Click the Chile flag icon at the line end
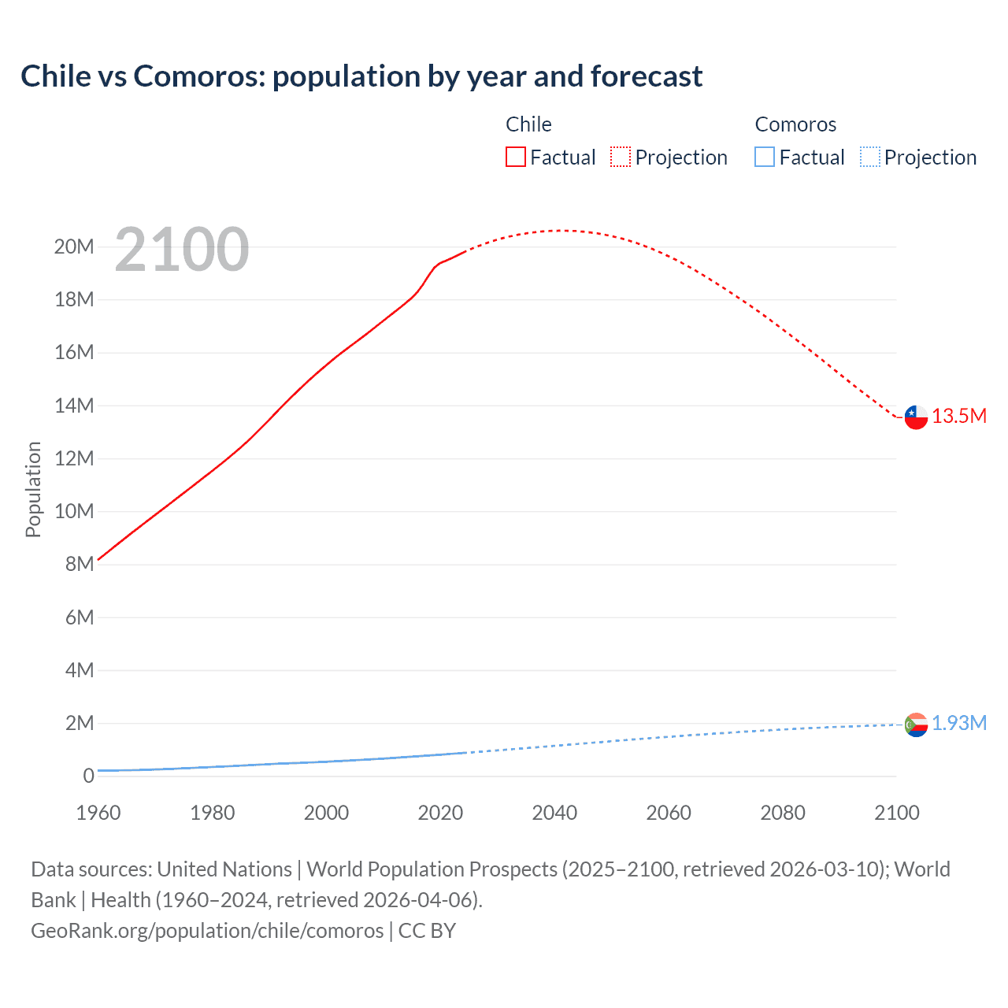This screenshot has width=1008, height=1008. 916,417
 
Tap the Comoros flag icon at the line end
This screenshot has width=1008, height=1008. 916,724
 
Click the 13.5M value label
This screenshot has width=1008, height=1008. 959,417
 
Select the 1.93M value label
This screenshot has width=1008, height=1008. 959,723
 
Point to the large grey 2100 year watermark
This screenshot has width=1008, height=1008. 182,250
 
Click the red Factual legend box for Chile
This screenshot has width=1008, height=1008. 515,157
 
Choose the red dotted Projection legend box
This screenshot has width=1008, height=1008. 621,157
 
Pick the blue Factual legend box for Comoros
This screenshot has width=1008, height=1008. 764,157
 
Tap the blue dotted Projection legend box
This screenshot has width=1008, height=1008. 869,157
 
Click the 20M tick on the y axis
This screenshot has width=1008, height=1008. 74,247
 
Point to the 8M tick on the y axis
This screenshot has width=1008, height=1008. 79,565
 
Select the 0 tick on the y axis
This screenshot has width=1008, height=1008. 88,776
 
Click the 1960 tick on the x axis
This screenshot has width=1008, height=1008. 98,813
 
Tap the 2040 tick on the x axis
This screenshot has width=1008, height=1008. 554,813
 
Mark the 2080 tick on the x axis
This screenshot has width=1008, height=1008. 783,813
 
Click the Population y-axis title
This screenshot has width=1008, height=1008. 33,489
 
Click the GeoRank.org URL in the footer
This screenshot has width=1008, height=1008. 207,931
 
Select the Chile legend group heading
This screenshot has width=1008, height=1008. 528,124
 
